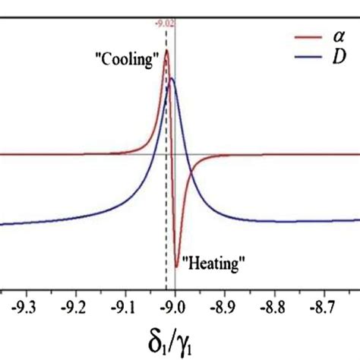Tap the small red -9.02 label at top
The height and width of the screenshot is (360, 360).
coord(166,24)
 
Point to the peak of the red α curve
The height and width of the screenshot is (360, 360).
coord(166,51)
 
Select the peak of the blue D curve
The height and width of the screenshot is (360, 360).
coord(172,78)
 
